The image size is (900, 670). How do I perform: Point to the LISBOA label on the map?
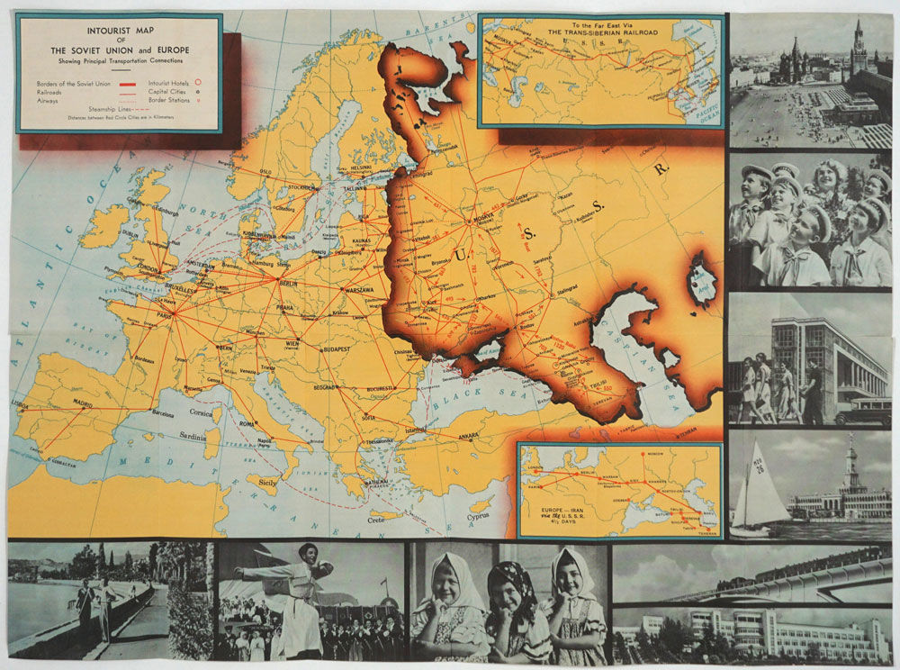(x=20, y=404)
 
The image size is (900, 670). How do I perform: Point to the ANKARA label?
(x=469, y=437)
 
